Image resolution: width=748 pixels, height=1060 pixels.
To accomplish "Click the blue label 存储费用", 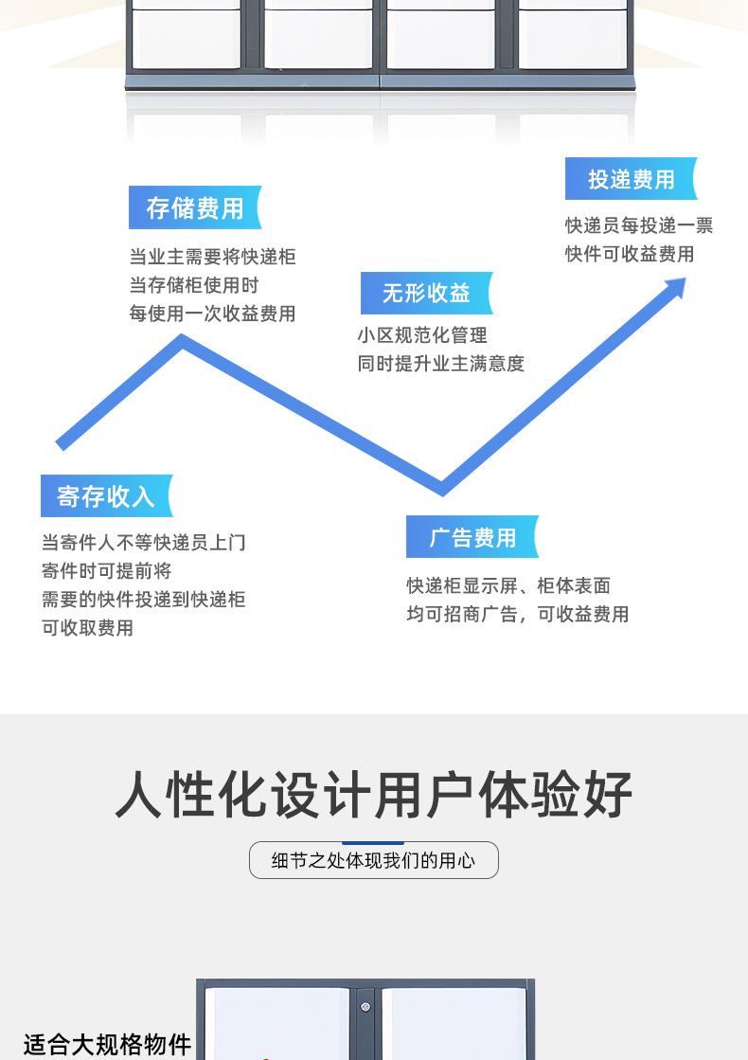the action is [194, 208].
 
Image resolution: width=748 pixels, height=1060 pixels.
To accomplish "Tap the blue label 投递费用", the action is [631, 179].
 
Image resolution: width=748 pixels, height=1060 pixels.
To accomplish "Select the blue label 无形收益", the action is [426, 294].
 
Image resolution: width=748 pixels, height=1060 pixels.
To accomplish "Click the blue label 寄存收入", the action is [106, 496].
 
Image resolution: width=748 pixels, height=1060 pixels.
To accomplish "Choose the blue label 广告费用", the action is [472, 538].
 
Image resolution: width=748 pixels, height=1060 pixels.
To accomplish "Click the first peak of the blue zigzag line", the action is [183, 341].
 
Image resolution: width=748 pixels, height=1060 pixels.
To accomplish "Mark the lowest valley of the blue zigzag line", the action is [441, 487].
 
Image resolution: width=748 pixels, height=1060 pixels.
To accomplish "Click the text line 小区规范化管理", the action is [422, 335].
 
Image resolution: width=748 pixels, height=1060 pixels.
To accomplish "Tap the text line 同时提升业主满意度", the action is [440, 364].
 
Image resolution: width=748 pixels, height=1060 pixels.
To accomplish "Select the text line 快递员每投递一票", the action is [639, 225].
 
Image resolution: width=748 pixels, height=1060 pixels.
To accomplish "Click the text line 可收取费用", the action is [87, 628].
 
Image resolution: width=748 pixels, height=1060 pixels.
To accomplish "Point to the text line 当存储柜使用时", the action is [193, 285].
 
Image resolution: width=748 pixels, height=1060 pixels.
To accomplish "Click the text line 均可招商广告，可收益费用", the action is [517, 615].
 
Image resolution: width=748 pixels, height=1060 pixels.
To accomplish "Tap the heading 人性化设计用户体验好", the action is [374, 794].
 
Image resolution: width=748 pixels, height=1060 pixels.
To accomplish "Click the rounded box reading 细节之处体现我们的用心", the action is [374, 861].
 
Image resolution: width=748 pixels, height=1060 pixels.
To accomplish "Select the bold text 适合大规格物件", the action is [107, 1044].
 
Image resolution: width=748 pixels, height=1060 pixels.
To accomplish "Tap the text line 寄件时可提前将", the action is [106, 571].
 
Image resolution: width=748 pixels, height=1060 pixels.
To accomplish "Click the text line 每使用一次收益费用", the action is [212, 314].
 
